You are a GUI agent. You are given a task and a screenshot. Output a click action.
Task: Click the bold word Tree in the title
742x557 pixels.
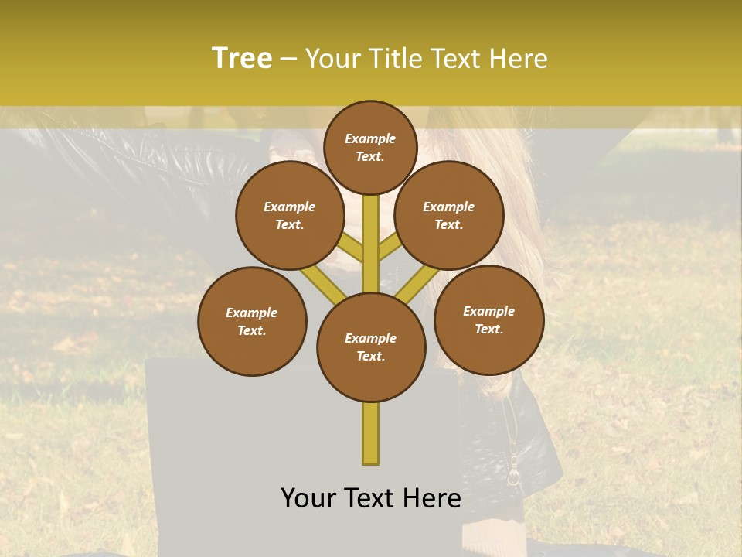point(242,59)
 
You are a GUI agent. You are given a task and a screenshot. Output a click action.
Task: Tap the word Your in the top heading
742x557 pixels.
point(332,59)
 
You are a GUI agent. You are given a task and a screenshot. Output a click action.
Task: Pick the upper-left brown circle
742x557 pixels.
point(290,215)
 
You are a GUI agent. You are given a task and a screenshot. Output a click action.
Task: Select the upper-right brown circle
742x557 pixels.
point(449,215)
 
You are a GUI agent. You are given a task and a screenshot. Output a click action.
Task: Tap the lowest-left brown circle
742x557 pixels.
point(252,321)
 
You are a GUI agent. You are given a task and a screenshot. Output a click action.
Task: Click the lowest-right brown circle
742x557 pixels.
point(488,320)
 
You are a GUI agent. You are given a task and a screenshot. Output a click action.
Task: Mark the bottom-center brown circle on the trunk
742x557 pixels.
point(371,347)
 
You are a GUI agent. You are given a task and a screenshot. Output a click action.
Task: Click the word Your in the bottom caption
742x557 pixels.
point(306,498)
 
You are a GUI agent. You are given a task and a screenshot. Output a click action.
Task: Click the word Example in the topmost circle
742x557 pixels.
point(370,139)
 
